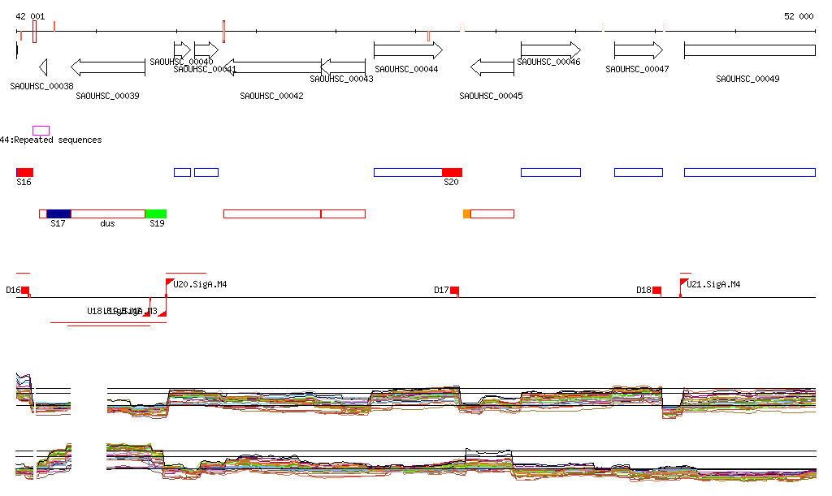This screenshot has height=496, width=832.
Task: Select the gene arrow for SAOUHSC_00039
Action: coord(108,67)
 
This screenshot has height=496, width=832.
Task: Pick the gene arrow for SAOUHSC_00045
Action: coord(492,67)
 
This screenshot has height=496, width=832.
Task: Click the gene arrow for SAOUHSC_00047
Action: coord(639,50)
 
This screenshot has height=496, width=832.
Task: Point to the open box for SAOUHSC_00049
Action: coord(749,50)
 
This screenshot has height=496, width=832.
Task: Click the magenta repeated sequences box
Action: coord(41,130)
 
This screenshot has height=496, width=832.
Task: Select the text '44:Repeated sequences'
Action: coord(51,140)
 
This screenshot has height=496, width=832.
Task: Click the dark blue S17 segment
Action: coord(58,213)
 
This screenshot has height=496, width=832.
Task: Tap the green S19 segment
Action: coord(156,213)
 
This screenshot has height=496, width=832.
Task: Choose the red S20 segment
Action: coord(452,172)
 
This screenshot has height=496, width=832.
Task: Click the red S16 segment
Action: coord(26,172)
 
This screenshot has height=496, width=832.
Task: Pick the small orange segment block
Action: coord(466,213)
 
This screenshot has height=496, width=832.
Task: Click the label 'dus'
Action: coord(107,223)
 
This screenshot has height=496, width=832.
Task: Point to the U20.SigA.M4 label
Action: coord(200,285)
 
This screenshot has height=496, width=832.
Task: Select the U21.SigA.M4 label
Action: coord(713,285)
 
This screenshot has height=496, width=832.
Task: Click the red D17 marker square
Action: coord(454,291)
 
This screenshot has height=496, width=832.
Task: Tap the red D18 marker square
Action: coord(656,291)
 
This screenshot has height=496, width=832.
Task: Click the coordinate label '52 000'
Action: coord(798,16)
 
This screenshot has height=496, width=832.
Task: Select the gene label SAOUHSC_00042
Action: coord(271,97)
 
